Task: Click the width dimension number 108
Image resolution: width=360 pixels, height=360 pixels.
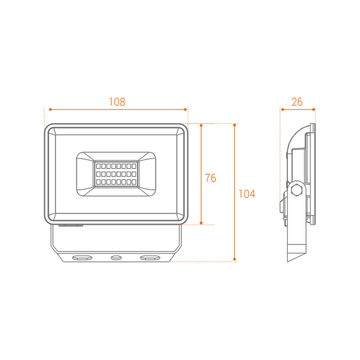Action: point(117,102)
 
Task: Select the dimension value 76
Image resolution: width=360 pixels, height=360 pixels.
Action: point(210,178)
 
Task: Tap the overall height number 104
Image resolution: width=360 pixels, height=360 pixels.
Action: point(247,194)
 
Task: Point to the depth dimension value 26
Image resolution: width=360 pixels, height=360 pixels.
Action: point(297,102)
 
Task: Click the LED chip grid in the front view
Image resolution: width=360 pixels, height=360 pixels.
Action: point(117,174)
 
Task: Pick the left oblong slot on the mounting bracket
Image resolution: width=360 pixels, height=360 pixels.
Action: point(83,258)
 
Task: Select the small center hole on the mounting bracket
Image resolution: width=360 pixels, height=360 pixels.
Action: point(116,258)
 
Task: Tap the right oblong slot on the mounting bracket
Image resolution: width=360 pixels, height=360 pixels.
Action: point(150,258)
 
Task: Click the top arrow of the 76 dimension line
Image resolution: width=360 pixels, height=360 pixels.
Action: point(201,125)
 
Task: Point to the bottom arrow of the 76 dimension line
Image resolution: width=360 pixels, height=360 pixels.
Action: point(201,223)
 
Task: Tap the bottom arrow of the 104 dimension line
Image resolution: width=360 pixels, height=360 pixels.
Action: point(235,261)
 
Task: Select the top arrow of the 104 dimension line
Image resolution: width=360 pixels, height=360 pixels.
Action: point(235,125)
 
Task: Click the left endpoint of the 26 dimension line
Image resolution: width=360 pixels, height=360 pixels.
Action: point(281,109)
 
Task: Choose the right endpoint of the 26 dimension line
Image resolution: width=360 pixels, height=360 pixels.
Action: point(315,109)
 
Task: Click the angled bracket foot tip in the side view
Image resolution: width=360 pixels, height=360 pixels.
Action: point(288,262)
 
